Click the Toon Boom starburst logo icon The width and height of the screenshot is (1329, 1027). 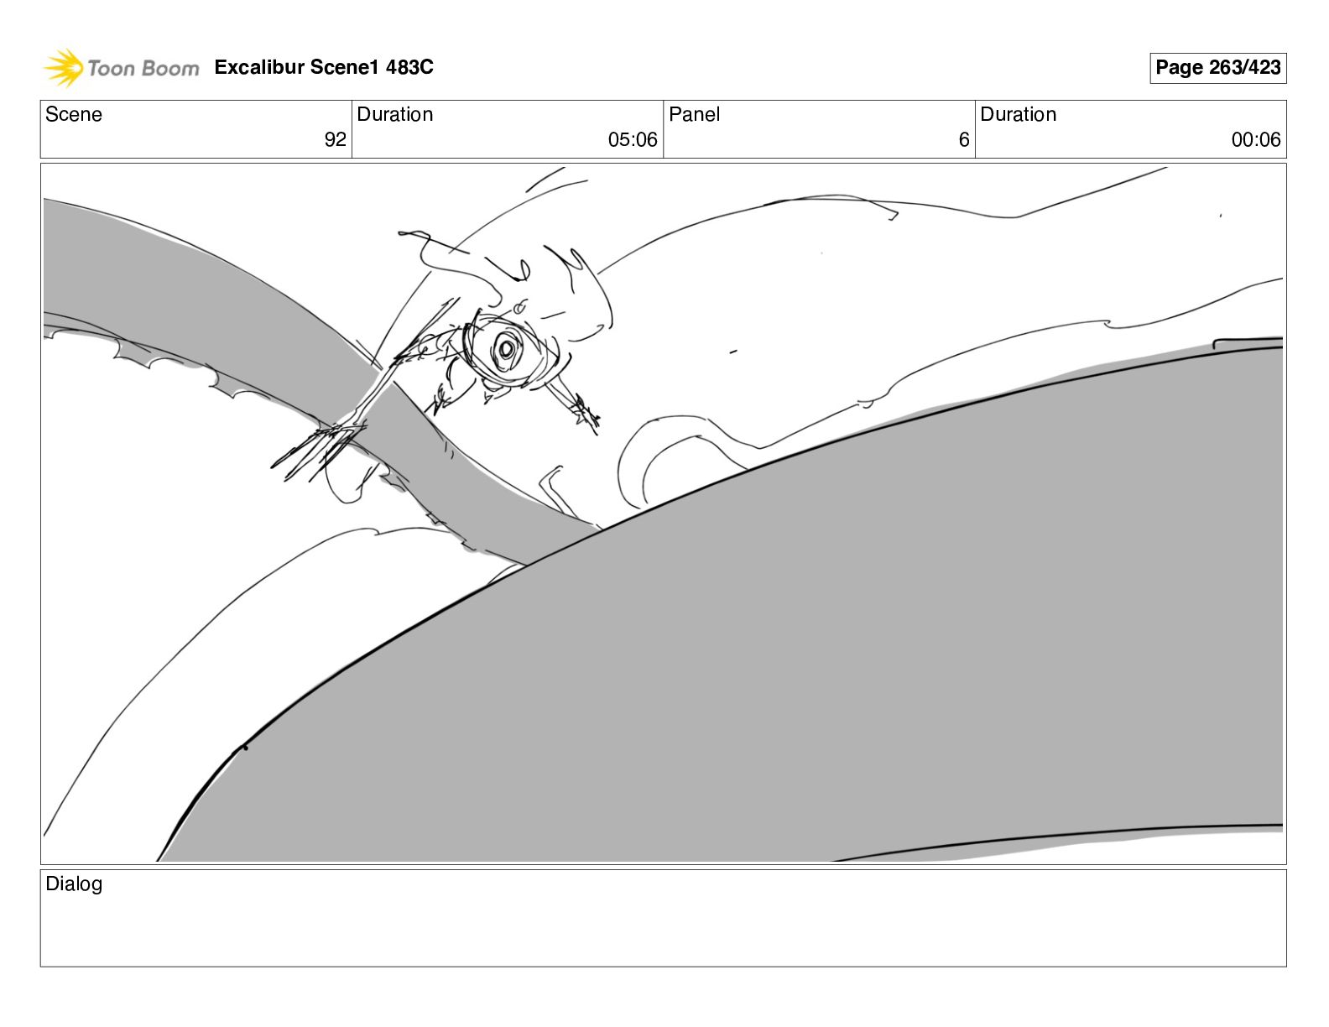pos(63,67)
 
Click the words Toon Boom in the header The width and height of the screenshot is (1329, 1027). pos(143,68)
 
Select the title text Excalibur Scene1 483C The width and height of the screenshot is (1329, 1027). pos(324,66)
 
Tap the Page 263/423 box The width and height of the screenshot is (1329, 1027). pos(1217,68)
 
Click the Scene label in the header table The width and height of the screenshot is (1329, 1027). pos(73,114)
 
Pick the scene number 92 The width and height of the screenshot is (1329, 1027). pos(335,139)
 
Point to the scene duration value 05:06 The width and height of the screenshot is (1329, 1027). pos(633,139)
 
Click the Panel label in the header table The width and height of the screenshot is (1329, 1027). pos(694,114)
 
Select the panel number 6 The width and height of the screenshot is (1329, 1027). pos(964,139)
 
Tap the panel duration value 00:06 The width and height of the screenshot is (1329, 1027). pos(1256,139)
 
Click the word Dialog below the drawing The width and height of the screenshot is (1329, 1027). pos(74,884)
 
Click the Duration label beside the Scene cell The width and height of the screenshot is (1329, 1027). pos(394,114)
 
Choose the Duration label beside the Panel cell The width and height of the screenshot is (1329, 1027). pos(1018,114)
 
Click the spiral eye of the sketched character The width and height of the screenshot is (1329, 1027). pos(507,349)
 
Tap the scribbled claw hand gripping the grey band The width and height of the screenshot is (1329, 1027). pos(318,450)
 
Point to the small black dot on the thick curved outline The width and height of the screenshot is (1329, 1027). pos(245,748)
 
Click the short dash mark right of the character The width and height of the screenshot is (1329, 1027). pos(733,352)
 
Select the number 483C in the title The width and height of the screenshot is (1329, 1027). pos(409,66)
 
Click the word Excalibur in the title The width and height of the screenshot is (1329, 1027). pos(259,66)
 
